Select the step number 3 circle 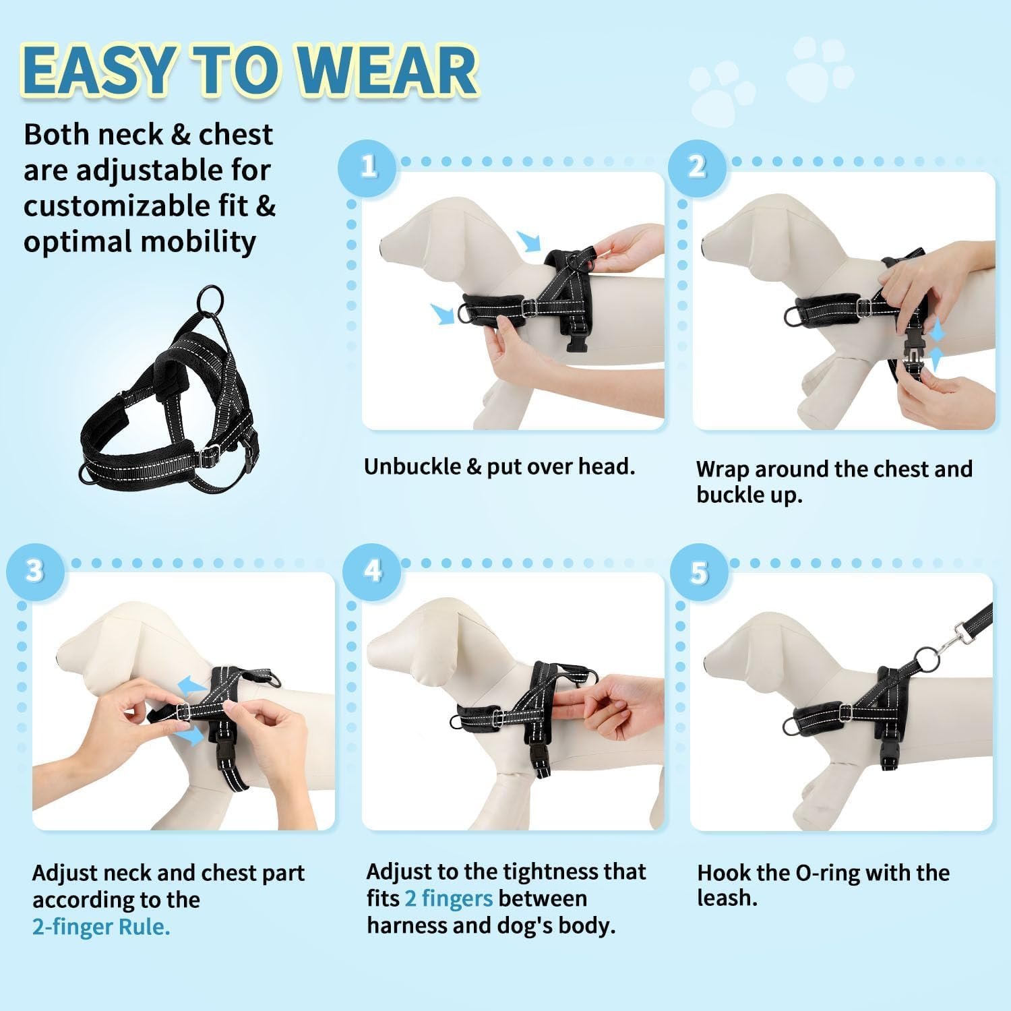(x=35, y=572)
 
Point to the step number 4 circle (x=371, y=572)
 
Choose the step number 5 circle (x=699, y=573)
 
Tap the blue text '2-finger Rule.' (x=101, y=927)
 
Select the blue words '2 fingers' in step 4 (x=448, y=898)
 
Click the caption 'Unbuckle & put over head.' (x=499, y=466)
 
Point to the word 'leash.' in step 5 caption (x=727, y=898)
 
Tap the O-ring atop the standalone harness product (x=210, y=299)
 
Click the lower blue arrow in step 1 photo (x=442, y=312)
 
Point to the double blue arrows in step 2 (x=936, y=345)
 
